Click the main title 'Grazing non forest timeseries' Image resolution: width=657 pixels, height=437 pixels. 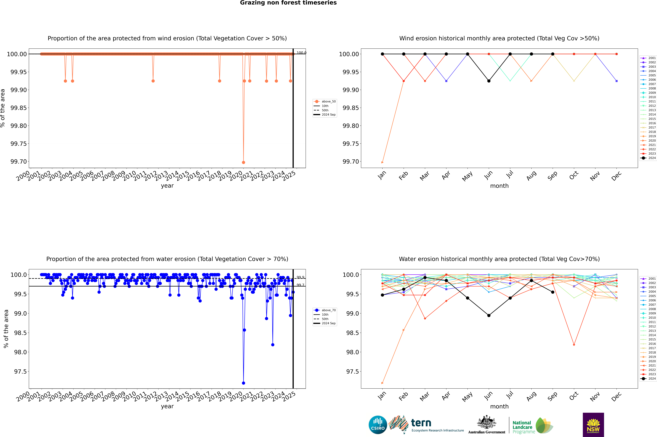pyautogui.click(x=288, y=3)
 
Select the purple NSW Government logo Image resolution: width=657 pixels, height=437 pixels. pyautogui.click(x=593, y=425)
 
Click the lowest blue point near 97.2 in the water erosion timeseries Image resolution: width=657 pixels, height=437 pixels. pyautogui.click(x=244, y=383)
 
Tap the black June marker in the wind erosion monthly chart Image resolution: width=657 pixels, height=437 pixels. pyautogui.click(x=489, y=81)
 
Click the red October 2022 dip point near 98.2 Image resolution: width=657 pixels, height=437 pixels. pyautogui.click(x=574, y=345)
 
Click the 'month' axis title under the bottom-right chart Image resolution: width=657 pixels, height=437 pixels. pyautogui.click(x=499, y=406)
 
